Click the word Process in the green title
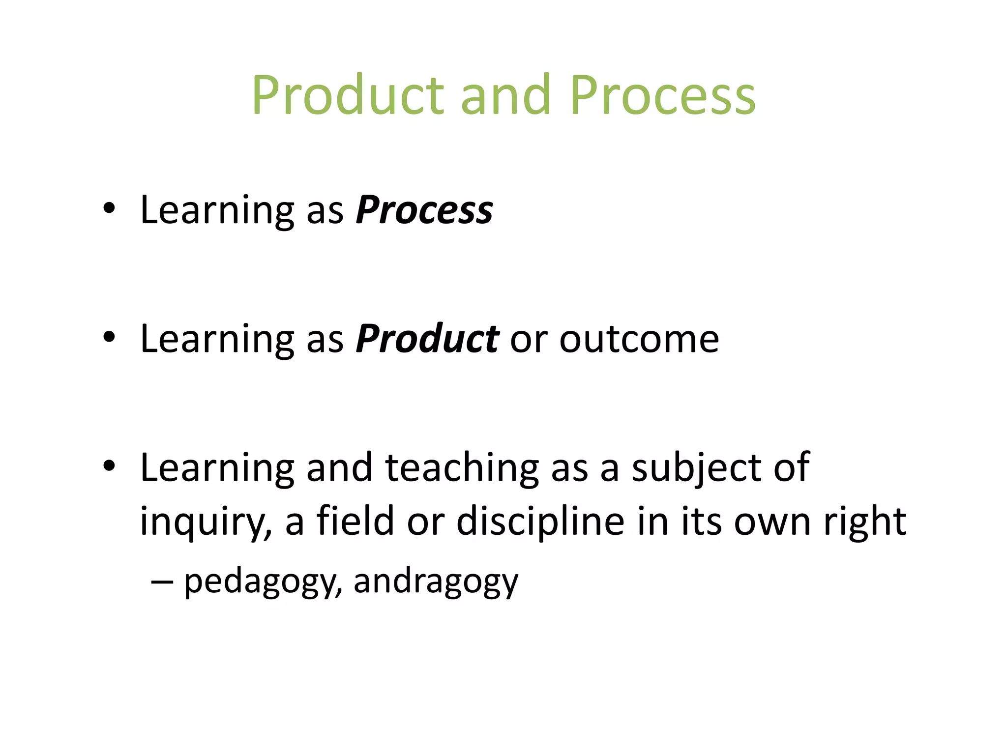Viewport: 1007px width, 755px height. point(662,95)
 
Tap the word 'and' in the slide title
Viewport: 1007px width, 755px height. point(505,95)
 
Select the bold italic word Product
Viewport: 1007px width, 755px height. point(427,339)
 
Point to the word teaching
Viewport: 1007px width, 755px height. point(462,468)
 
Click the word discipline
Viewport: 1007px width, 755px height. point(540,522)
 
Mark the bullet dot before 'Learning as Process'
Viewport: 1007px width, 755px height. point(109,209)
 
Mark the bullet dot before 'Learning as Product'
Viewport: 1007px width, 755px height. point(109,338)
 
